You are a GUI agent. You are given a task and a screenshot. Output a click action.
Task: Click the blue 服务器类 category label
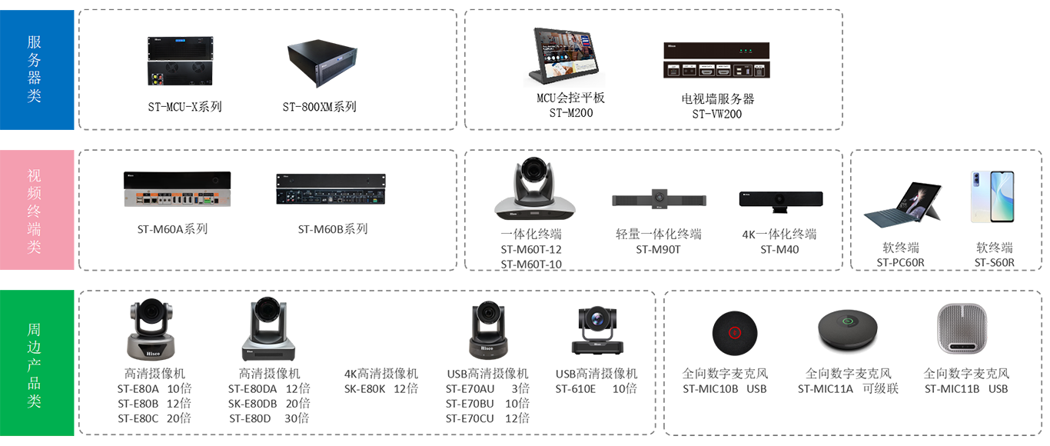[x=35, y=69]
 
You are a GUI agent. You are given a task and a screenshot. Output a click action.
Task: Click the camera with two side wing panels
[x=658, y=198]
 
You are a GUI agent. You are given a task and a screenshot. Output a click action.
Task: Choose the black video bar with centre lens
[x=780, y=200]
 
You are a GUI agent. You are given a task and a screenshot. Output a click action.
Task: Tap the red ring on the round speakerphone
[x=734, y=332]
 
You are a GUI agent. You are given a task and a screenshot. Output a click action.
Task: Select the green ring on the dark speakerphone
[x=848, y=323]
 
